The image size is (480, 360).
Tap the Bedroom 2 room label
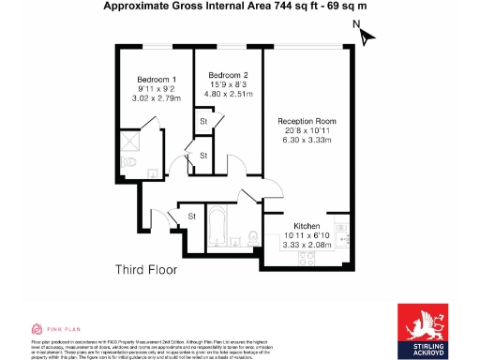[x=228, y=75]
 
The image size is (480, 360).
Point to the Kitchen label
[x=307, y=226]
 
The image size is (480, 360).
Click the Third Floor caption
[x=145, y=270]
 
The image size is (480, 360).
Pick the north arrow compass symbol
[x=367, y=36]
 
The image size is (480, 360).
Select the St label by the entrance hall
[x=192, y=217]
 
